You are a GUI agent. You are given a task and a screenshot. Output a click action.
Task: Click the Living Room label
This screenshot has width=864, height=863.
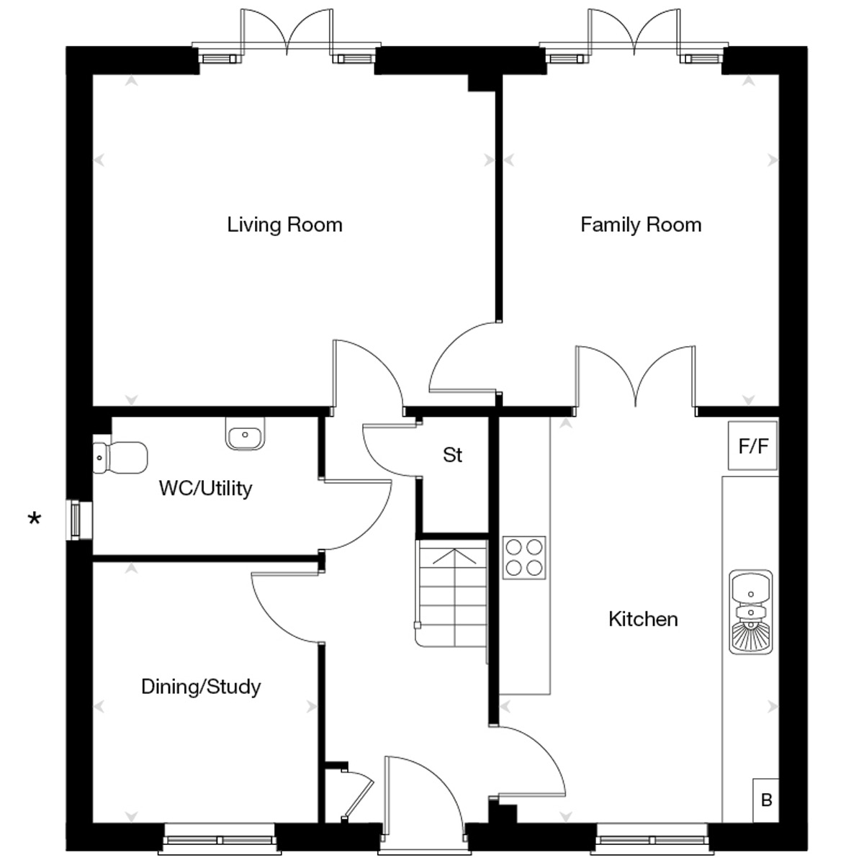tap(284, 225)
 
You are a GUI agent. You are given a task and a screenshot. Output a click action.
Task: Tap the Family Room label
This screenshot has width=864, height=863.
tap(641, 225)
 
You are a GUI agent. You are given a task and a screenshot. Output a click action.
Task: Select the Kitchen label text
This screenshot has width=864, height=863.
tap(643, 619)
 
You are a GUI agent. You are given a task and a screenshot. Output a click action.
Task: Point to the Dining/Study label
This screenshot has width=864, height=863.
tap(201, 687)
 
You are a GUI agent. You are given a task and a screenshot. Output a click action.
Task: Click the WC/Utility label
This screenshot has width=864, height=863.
tap(205, 488)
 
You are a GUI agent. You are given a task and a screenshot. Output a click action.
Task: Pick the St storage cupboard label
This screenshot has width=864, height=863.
tap(452, 455)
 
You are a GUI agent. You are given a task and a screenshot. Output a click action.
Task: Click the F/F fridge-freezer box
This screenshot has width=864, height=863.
tap(753, 446)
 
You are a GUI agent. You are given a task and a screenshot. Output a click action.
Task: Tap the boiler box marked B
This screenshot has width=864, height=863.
tap(766, 800)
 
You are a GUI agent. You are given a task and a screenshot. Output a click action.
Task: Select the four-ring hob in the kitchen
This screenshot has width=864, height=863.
tap(524, 558)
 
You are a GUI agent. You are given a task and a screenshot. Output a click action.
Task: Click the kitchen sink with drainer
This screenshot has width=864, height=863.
tap(750, 612)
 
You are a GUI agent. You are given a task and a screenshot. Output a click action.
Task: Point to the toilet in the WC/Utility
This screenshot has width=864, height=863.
tap(120, 457)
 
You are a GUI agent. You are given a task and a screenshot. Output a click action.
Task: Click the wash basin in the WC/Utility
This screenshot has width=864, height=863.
tap(245, 433)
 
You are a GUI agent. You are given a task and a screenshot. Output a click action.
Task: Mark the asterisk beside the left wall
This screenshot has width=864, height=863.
tap(35, 520)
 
